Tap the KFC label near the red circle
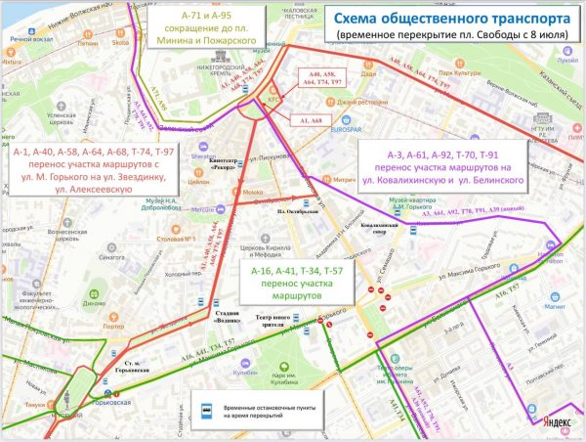(274, 100)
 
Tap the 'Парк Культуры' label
(466, 73)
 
